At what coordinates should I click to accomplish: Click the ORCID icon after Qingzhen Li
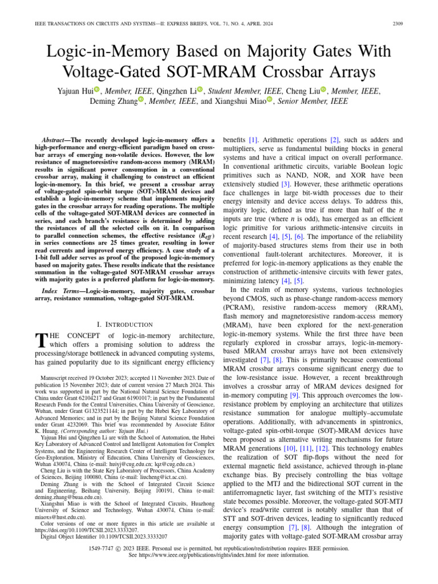200,90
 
